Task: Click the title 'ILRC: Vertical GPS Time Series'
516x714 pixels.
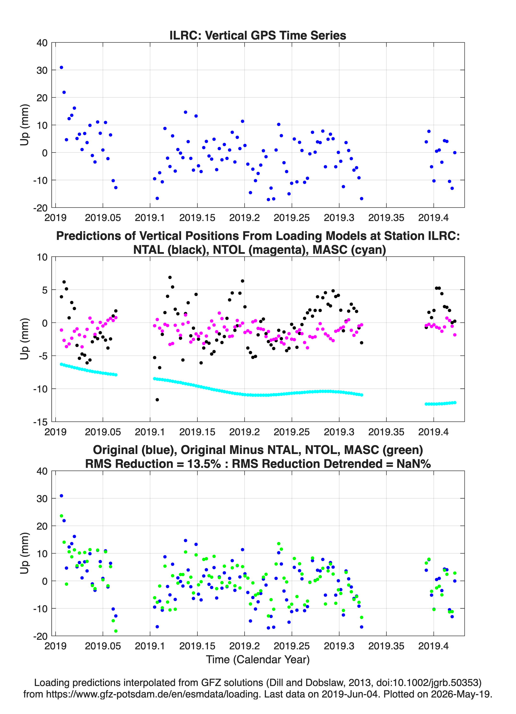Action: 258,35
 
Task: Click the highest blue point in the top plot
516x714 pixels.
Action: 61,67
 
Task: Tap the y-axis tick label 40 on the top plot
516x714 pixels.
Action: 42,43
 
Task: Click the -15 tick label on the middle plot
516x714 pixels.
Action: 40,422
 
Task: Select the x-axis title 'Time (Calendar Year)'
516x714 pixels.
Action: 258,659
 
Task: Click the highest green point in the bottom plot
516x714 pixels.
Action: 61,516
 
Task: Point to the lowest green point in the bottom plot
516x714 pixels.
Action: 116,631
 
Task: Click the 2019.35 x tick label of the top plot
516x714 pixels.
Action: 386,218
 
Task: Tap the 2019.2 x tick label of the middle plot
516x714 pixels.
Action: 244,432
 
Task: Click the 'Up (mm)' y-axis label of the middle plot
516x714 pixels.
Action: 25,339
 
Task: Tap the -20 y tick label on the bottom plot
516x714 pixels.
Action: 40,636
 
